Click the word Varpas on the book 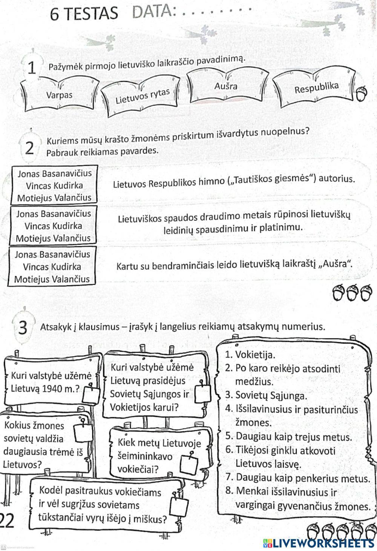[59, 95]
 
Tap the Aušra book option [226, 86]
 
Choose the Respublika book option [316, 88]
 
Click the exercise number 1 [32, 69]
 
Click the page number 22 [7, 521]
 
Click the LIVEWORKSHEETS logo [319, 543]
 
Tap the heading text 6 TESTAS [84, 14]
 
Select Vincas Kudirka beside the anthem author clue [54, 185]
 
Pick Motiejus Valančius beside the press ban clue [53, 238]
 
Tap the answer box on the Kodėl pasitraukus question [179, 507]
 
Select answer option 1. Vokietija [256, 355]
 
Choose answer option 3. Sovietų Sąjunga [266, 395]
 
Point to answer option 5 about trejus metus [288, 437]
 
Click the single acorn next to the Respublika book [363, 93]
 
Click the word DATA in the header [155, 12]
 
